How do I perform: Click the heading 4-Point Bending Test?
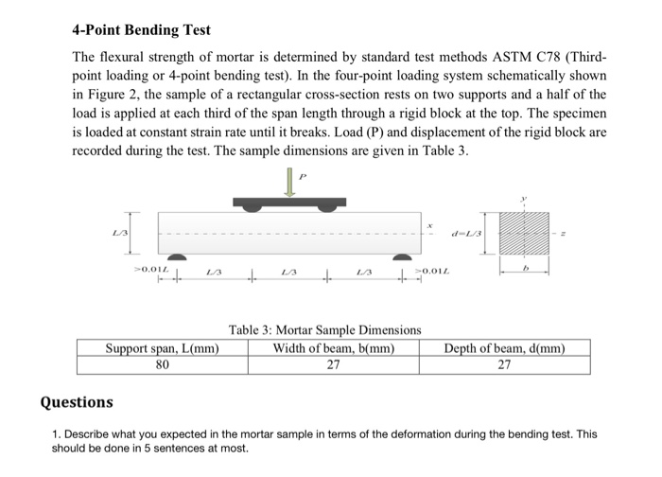[142, 31]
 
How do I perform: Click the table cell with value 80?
[163, 365]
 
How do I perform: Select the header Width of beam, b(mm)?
[333, 348]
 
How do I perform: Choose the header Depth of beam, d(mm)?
[504, 348]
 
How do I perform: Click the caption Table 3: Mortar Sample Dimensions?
[324, 329]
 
